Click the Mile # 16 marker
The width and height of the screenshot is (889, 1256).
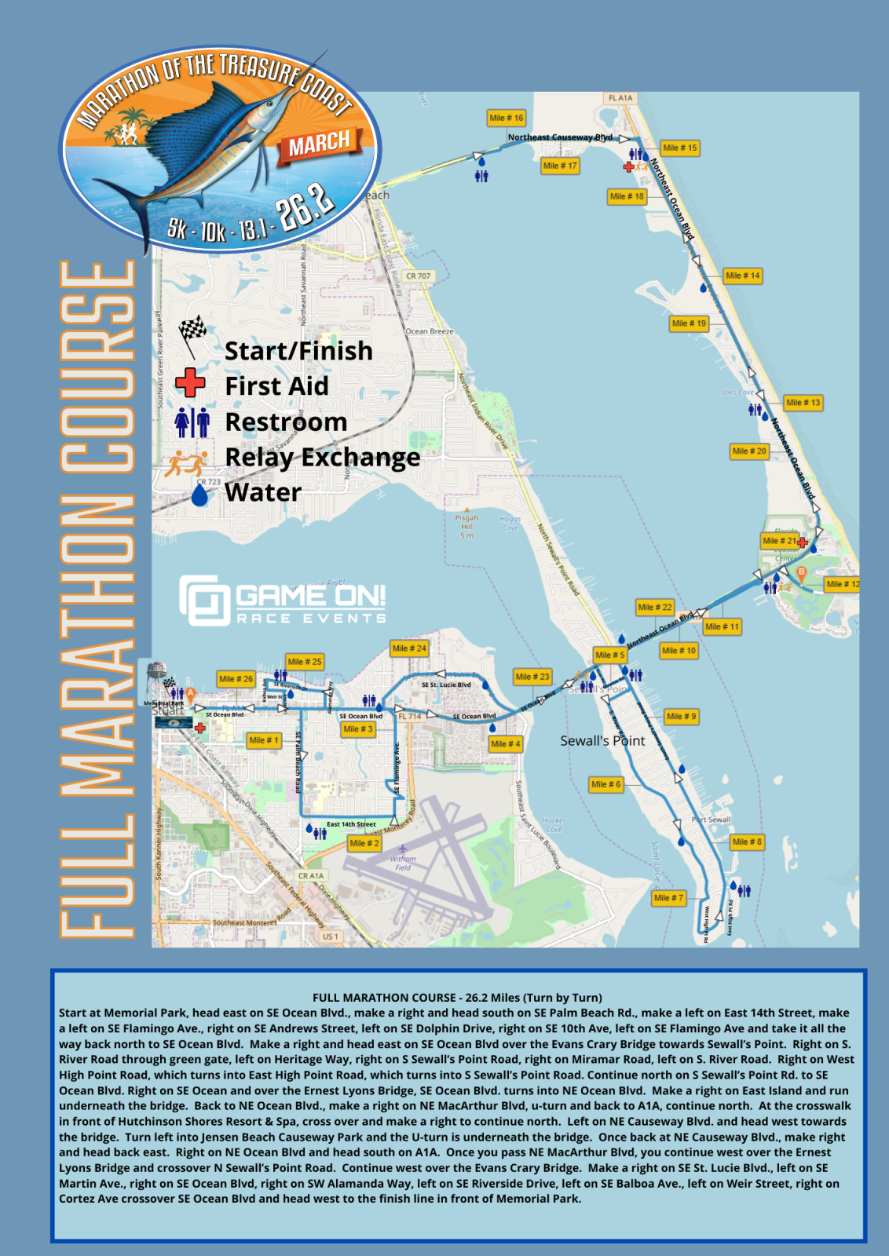coord(506,118)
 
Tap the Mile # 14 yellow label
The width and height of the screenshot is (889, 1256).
coord(742,276)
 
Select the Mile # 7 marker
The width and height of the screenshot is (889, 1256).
coord(668,897)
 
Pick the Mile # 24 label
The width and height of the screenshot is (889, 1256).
coord(409,648)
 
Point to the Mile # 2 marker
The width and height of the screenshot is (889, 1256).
coord(364,843)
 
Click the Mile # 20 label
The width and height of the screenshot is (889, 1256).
coord(749,451)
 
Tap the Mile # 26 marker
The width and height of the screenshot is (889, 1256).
coord(236,678)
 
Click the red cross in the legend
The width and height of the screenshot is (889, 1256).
coord(190,383)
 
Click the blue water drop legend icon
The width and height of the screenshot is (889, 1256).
coord(200,495)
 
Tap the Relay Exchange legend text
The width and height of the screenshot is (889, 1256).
coord(322,457)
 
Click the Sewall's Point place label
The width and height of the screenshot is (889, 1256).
coord(602,740)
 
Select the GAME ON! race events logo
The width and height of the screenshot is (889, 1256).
coord(283,601)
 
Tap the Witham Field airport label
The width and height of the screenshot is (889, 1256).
coord(403,863)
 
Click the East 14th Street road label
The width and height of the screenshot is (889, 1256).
coord(351,824)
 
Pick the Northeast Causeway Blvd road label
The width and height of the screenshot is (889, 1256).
coord(559,137)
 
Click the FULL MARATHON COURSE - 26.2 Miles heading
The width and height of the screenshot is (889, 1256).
coord(457,998)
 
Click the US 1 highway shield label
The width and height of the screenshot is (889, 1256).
coord(330,937)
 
